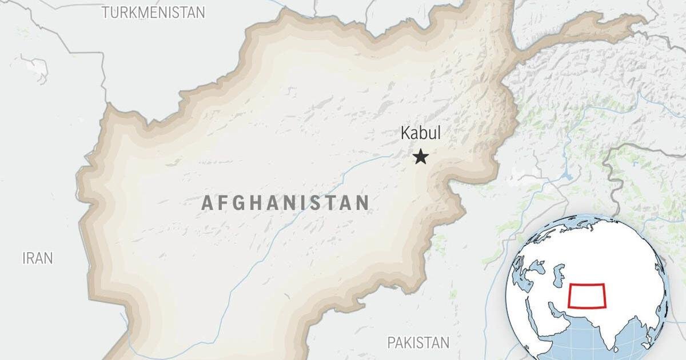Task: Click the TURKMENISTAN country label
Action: coord(153,13)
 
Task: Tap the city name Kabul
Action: coord(421,134)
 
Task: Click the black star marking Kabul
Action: coord(421,157)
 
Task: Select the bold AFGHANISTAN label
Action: coord(285,203)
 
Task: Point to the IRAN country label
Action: coord(38,258)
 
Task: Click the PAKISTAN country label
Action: coord(418,343)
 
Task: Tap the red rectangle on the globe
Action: coord(587,296)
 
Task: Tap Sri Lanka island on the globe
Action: coord(616,349)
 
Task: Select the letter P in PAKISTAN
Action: coord(392,343)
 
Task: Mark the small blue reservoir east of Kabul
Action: coord(567,176)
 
